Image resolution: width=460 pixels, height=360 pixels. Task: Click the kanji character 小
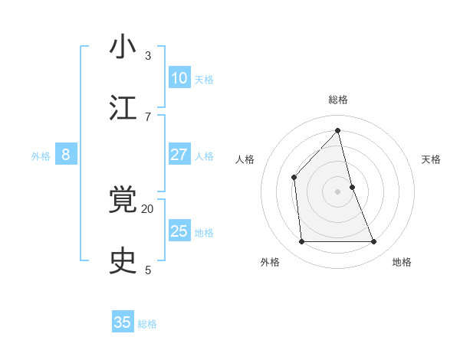pyautogui.click(x=123, y=47)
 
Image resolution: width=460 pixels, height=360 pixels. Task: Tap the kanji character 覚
pyautogui.click(x=123, y=201)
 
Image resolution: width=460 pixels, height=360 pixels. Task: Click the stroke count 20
pyautogui.click(x=147, y=208)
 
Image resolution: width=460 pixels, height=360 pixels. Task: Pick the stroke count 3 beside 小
pyautogui.click(x=147, y=55)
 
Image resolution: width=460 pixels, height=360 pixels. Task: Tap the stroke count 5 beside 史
pyautogui.click(x=147, y=270)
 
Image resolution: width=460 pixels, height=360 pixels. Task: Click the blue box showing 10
pyautogui.click(x=179, y=78)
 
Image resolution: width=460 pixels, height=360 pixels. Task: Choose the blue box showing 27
pyautogui.click(x=179, y=155)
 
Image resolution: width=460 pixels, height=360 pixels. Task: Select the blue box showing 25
pyautogui.click(x=179, y=231)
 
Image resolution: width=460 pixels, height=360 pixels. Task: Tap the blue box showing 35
pyautogui.click(x=123, y=322)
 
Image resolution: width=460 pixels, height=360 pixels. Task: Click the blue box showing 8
pyautogui.click(x=66, y=155)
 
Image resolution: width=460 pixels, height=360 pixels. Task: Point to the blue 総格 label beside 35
pyautogui.click(x=147, y=324)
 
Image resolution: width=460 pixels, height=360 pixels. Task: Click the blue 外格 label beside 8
pyautogui.click(x=41, y=156)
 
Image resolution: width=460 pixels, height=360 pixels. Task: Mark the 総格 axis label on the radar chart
pyautogui.click(x=337, y=100)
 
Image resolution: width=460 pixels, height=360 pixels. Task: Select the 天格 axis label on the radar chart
pyautogui.click(x=431, y=159)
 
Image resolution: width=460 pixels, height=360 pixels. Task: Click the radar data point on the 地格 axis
pyautogui.click(x=374, y=242)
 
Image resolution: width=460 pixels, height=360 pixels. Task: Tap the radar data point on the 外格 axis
pyautogui.click(x=301, y=242)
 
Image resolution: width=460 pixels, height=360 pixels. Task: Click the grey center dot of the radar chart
pyautogui.click(x=337, y=191)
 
